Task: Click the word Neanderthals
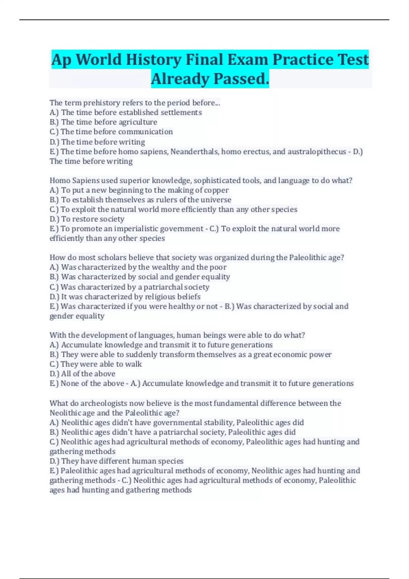tap(194, 152)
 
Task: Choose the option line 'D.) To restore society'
tap(87, 219)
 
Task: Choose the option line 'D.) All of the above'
tap(82, 374)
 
